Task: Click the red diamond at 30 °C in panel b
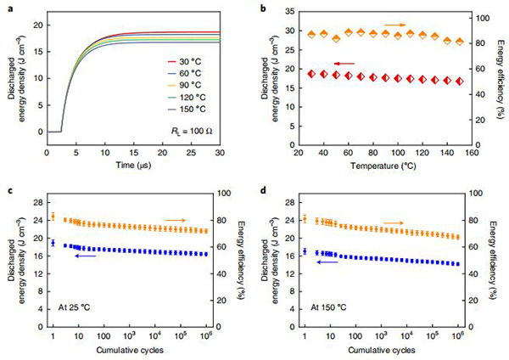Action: pyautogui.click(x=311, y=74)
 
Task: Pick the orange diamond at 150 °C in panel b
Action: pyautogui.click(x=460, y=41)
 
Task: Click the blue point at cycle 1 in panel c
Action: pyautogui.click(x=53, y=243)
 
